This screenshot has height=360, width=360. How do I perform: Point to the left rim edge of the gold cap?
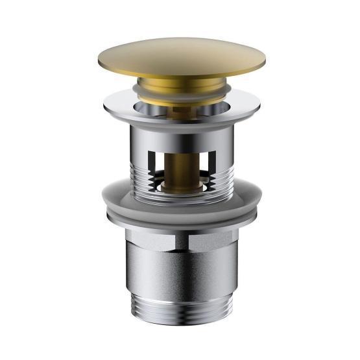(x=99, y=60)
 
